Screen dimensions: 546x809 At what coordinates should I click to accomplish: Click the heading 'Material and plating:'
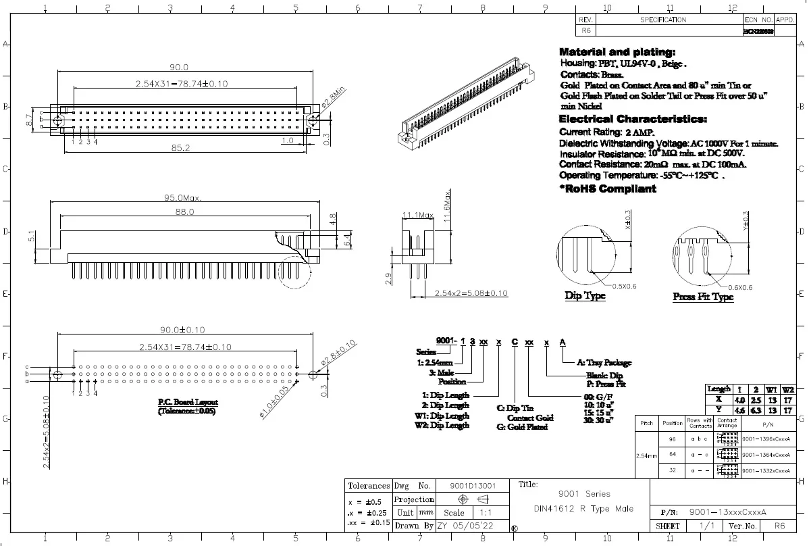(617, 52)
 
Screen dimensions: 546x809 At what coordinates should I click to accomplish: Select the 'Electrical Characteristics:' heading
(633, 120)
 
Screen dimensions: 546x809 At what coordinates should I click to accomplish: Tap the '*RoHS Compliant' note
(607, 189)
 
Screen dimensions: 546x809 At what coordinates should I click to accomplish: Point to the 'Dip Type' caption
(585, 296)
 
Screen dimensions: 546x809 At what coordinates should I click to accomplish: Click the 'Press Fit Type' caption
(703, 297)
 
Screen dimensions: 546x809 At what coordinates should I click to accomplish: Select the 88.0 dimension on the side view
(184, 212)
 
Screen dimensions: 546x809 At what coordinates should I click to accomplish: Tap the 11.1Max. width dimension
(417, 215)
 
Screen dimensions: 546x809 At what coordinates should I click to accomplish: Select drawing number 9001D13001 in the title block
(473, 485)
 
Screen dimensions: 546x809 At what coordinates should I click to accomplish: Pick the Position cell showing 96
(672, 439)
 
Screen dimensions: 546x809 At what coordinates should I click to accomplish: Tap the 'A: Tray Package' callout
(604, 363)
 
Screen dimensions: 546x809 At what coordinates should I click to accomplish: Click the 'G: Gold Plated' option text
(522, 427)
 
